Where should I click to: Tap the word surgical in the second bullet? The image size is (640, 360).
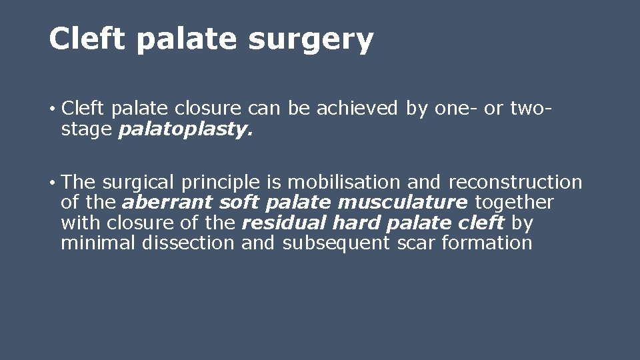(137, 182)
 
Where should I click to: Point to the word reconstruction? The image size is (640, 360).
(515, 182)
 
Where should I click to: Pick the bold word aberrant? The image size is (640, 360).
(168, 202)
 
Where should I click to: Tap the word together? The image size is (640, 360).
(514, 202)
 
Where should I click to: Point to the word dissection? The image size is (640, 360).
(188, 243)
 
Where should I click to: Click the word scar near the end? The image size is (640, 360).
(417, 243)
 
